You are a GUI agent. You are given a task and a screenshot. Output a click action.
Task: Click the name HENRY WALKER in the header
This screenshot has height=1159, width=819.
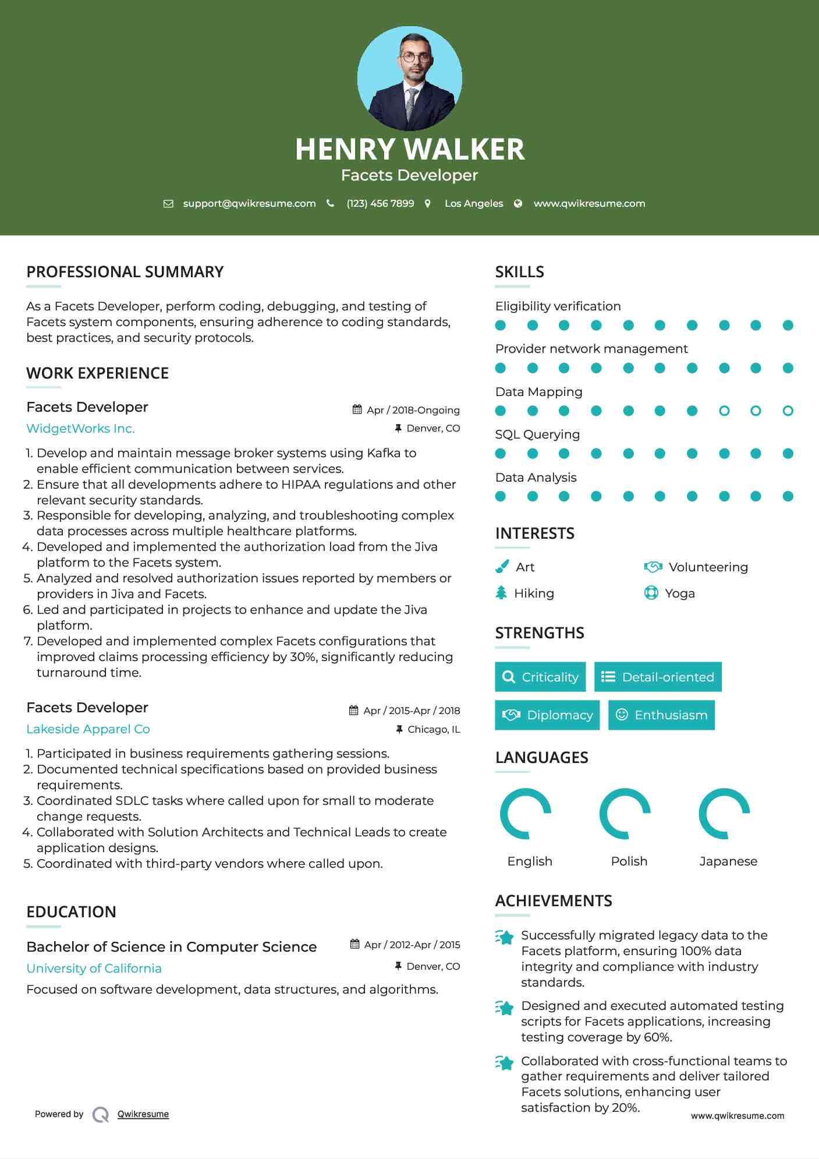409,149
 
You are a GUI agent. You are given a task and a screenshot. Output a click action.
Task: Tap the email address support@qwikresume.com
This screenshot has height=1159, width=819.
249,203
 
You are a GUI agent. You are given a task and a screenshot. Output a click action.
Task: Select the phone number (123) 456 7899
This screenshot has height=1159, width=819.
380,203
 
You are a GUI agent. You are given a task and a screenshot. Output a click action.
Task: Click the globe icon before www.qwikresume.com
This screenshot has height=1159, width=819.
518,203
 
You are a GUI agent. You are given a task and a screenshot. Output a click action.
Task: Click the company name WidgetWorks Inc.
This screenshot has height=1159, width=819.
80,429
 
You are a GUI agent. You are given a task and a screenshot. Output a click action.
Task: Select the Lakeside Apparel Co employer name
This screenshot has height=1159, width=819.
88,729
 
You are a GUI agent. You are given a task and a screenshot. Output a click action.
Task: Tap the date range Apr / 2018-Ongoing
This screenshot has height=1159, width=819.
413,410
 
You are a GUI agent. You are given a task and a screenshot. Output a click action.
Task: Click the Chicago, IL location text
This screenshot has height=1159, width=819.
434,729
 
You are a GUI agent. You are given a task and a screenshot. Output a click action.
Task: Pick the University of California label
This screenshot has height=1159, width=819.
94,969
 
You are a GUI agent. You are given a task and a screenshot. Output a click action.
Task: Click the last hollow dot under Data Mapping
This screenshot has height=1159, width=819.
788,411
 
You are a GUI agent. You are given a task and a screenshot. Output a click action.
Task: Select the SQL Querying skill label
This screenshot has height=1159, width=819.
537,434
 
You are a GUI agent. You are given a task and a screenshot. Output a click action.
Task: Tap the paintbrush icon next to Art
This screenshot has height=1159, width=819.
502,567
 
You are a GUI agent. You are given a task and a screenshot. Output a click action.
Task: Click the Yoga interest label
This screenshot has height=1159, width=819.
679,593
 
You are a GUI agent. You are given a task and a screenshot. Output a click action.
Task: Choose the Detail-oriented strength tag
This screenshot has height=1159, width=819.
658,677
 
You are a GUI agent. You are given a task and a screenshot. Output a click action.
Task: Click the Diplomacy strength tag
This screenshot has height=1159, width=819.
547,715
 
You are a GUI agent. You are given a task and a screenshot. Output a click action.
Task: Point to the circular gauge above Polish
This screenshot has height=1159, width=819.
625,814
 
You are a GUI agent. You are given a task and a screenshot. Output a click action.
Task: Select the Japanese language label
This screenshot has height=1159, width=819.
728,861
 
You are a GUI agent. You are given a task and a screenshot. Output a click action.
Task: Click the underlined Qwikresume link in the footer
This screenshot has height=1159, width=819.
143,1114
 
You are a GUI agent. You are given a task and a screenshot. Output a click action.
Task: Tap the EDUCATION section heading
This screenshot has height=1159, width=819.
71,912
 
